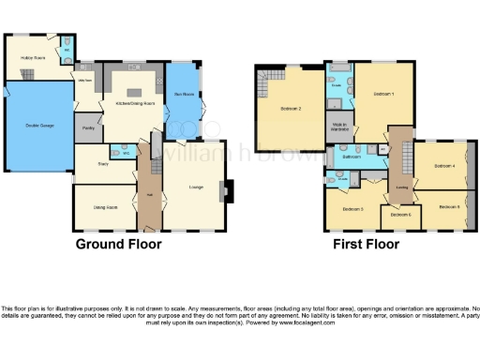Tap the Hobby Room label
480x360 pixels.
pyautogui.click(x=34, y=57)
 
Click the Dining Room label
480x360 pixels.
pyautogui.click(x=104, y=206)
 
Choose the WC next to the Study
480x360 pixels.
pyautogui.click(x=116, y=153)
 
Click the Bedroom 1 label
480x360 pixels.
pyautogui.click(x=383, y=95)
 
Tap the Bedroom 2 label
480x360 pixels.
pyautogui.click(x=291, y=108)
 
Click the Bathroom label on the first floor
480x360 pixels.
pyautogui.click(x=352, y=157)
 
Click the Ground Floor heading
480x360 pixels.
pyautogui.click(x=118, y=245)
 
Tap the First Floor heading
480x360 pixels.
pyautogui.click(x=367, y=245)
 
